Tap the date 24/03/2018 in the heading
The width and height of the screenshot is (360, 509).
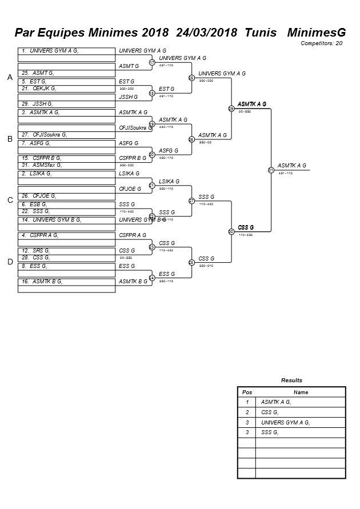point(207,33)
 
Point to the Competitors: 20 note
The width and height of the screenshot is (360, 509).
point(322,43)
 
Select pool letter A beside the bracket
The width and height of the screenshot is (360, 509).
point(9,78)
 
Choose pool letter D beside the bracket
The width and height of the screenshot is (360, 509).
point(9,262)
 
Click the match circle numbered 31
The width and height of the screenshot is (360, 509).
point(271,170)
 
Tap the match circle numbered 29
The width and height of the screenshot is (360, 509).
point(231,108)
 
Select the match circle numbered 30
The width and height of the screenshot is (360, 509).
point(231,231)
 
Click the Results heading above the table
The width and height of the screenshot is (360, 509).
point(291,380)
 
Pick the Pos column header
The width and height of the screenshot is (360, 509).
point(247,392)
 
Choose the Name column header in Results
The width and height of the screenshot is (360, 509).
point(301,392)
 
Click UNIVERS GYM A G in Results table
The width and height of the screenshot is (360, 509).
point(285,423)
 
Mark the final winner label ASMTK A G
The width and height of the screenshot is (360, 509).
point(291,166)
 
